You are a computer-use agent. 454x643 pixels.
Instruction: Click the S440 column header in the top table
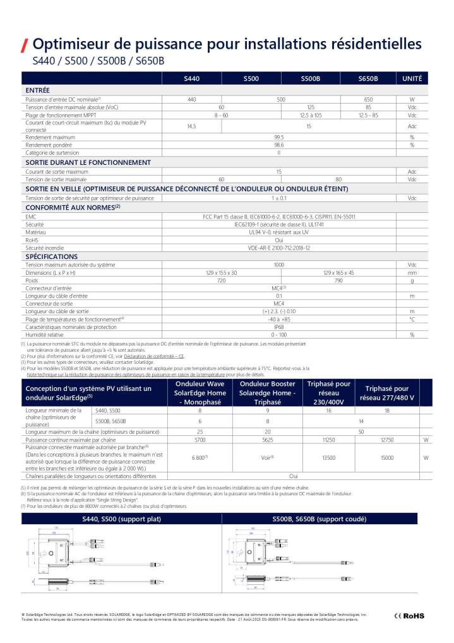[191, 79]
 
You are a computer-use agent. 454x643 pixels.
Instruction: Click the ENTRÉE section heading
[38, 90]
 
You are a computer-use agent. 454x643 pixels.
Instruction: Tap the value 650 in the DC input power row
[368, 100]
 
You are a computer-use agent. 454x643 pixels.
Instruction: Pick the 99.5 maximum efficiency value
[278, 136]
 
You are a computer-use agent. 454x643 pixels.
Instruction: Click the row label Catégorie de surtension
[52, 152]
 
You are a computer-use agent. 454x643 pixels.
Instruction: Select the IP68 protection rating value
[278, 327]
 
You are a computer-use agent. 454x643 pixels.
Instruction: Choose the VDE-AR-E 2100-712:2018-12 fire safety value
[278, 248]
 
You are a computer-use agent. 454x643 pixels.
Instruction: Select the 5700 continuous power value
[200, 439]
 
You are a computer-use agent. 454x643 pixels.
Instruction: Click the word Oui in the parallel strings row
[293, 476]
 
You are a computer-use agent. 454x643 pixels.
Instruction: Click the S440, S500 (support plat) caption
[122, 519]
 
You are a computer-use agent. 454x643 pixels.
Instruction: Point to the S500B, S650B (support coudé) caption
[320, 519]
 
